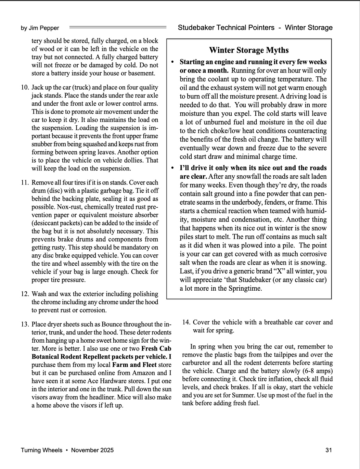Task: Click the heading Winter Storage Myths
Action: click(249, 50)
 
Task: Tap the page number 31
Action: click(329, 450)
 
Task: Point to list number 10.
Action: click(25, 87)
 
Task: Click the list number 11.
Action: click(25, 182)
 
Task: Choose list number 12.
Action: click(25, 294)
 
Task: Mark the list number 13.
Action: click(25, 324)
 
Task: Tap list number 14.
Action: click(186, 322)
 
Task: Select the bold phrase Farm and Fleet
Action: click(134, 365)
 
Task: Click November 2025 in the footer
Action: click(92, 450)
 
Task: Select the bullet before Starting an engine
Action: click(172, 62)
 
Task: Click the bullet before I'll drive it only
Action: click(172, 168)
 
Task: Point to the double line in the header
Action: click(117, 27)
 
